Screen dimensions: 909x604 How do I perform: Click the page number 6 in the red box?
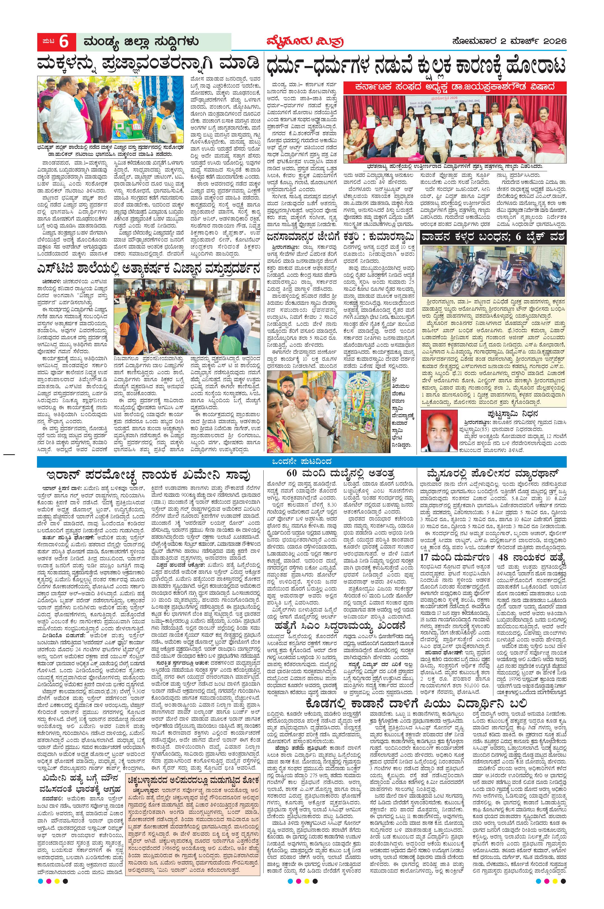pyautogui.click(x=64, y=42)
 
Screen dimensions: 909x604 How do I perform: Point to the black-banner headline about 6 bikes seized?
pyautogui.click(x=493, y=237)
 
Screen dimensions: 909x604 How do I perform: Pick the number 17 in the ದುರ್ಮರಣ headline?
pyautogui.click(x=428, y=557)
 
